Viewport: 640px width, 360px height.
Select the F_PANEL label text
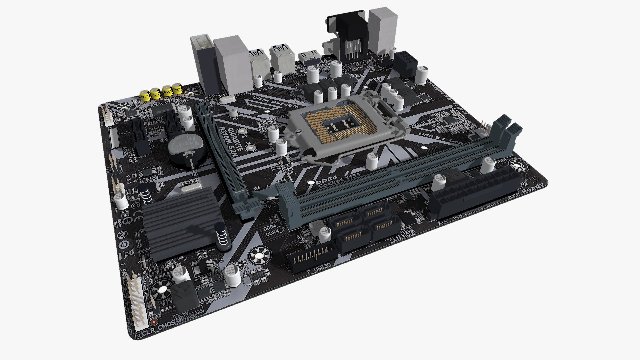click(x=124, y=275)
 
